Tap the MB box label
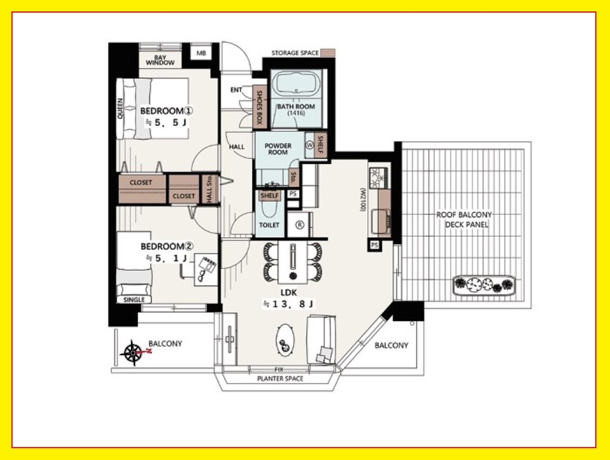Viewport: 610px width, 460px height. tap(201, 53)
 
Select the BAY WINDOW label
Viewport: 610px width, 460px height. tap(160, 60)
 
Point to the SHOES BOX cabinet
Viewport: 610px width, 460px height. tap(260, 107)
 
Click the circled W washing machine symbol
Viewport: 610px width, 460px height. tap(310, 145)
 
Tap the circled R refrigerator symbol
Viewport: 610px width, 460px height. tap(300, 225)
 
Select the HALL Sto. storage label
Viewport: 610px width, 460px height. tap(210, 189)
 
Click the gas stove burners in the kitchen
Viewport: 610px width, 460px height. tap(377, 178)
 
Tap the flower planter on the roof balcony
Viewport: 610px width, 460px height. tap(484, 285)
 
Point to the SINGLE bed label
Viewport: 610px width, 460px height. tap(134, 300)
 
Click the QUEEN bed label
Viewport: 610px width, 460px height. tap(120, 109)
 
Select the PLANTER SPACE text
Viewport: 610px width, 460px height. tap(280, 378)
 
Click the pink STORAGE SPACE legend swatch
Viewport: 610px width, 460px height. tap(328, 53)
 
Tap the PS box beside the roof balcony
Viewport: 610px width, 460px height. tap(375, 245)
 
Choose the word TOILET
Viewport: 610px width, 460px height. tap(269, 225)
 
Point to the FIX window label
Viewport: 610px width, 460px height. tap(279, 369)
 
